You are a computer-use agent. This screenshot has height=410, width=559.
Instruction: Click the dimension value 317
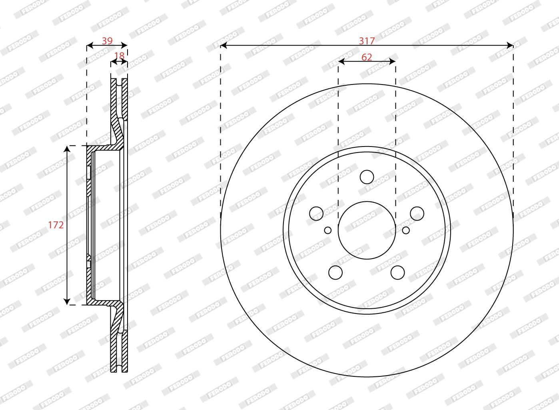coord(367,41)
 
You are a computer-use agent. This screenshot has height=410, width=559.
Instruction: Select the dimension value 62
coord(367,57)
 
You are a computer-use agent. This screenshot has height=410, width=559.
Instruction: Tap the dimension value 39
coord(107,41)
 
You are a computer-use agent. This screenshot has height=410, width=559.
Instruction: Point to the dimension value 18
coord(119,56)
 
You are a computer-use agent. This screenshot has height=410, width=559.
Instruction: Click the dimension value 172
coord(56,225)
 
